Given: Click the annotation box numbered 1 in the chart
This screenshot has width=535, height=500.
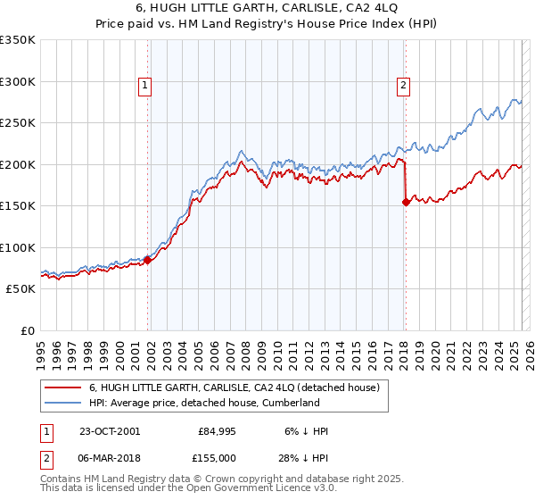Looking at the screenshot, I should point(144,86).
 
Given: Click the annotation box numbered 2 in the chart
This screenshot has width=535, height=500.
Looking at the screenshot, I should point(403,86).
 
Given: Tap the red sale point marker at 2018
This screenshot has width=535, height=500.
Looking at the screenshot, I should point(406,202).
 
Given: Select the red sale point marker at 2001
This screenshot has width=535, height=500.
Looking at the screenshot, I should point(148,260).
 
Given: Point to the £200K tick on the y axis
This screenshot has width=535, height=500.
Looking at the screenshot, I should point(17,164).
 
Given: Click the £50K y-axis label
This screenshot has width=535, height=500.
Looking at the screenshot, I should point(20,289).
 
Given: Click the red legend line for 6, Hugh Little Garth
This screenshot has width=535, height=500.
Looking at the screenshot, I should point(62,387).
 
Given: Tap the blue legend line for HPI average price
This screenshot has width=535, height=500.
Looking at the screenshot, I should point(62,403).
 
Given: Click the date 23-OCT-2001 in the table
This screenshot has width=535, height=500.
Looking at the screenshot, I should point(109,431).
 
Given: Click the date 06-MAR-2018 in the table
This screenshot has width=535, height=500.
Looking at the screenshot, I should point(110,458).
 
